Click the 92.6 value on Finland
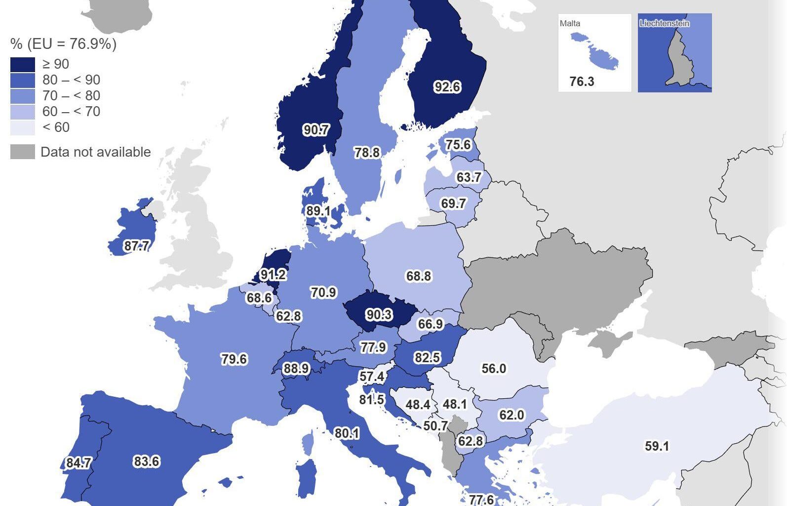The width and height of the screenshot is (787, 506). [447, 87]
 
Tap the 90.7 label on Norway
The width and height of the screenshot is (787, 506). [315, 130]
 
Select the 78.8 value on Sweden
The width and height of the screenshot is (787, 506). [367, 153]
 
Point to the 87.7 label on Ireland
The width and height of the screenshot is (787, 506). [136, 246]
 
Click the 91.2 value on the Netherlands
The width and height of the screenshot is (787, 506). [273, 275]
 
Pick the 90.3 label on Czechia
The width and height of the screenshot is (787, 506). [379, 315]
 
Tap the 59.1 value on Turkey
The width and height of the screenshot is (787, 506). [657, 446]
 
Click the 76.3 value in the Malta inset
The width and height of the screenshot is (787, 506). [582, 82]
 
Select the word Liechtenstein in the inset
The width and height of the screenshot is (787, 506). [664, 23]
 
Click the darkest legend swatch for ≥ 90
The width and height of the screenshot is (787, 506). [23, 64]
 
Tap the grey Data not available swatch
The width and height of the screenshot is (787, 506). [23, 152]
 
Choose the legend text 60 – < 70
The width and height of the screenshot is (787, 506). [71, 111]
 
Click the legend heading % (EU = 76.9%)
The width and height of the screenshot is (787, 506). [63, 44]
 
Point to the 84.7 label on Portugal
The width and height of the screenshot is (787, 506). [78, 463]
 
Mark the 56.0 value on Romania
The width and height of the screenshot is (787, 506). [493, 369]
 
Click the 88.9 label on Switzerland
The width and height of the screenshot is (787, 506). [296, 369]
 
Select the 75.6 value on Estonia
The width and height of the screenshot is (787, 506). [458, 145]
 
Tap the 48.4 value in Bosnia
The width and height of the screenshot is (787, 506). [417, 405]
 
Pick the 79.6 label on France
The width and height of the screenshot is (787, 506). [234, 359]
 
